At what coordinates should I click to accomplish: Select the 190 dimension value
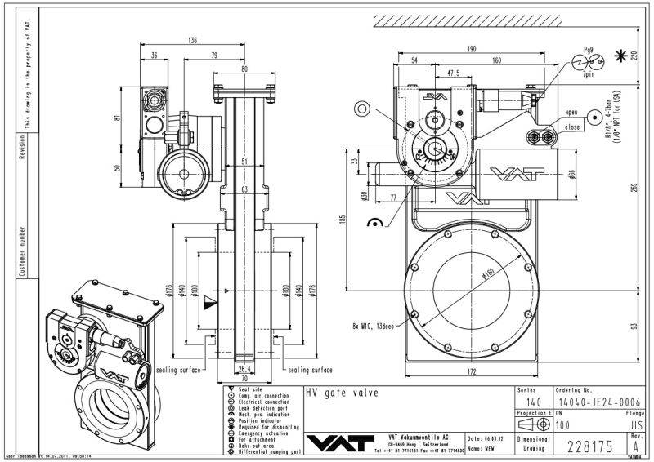473,49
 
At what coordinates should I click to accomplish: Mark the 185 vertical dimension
343,219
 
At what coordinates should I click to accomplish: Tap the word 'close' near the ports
572,128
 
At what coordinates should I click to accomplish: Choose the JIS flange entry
629,425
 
